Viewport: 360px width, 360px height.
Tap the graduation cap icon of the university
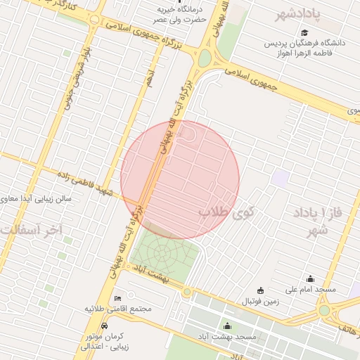(x=304, y=32)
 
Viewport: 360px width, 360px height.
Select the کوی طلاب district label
(x=226, y=210)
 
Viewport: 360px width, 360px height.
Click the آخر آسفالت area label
(x=32, y=230)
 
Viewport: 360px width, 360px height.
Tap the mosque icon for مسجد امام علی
(x=310, y=278)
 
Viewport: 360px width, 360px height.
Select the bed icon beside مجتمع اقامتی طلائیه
(x=117, y=298)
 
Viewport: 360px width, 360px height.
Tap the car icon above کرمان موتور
(x=105, y=326)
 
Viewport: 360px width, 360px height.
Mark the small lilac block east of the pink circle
(x=281, y=178)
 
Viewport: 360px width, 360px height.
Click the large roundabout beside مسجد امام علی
(x=324, y=310)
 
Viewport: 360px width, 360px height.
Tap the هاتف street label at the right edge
(x=349, y=327)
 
